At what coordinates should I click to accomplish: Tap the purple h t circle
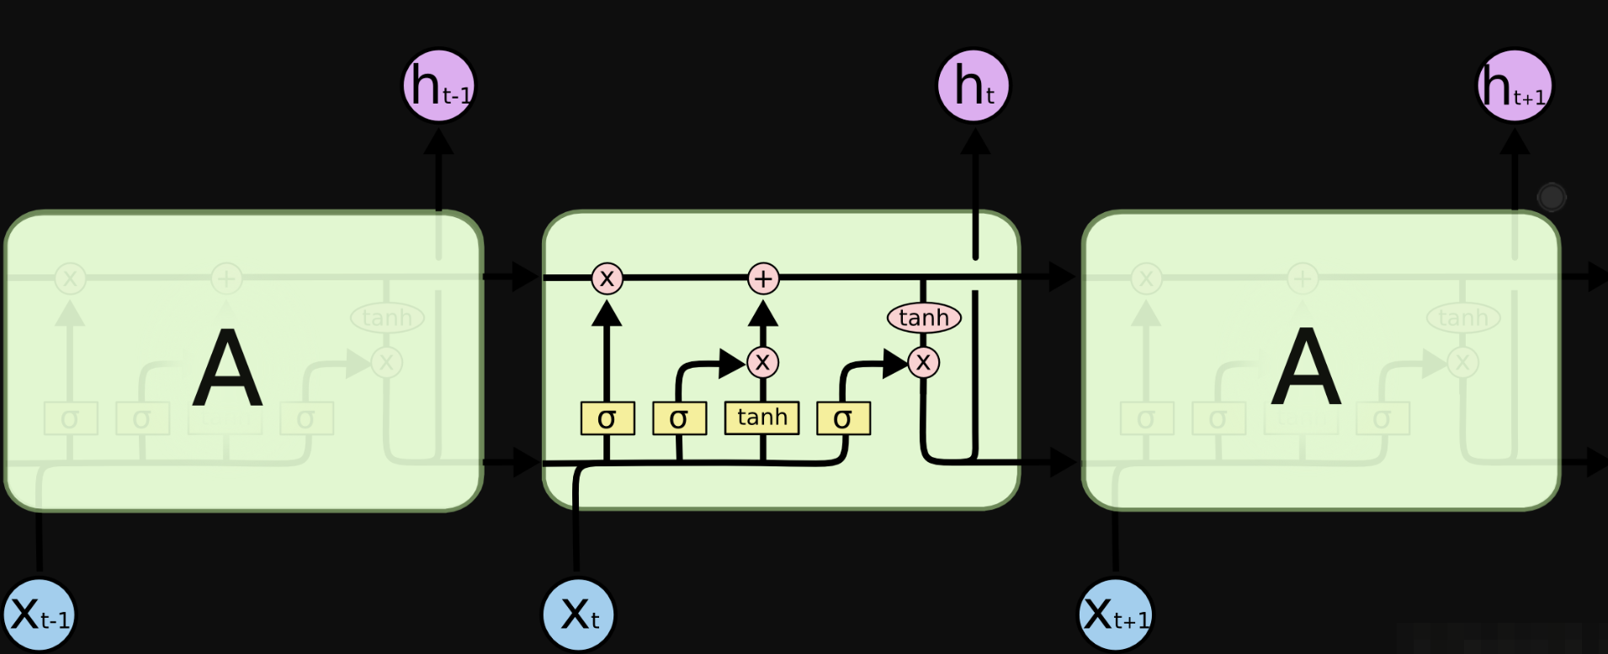point(974,86)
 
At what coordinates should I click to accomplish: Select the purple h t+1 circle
point(1515,86)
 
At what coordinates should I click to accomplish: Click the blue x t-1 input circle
point(40,615)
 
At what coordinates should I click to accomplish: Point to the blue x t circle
point(578,614)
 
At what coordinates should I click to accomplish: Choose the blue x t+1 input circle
point(1116,615)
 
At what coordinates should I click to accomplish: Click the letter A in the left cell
point(227,368)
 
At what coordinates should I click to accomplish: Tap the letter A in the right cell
point(1305,368)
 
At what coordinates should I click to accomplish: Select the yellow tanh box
point(762,418)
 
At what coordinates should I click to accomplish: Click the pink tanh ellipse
point(924,318)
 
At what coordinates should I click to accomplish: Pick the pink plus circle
point(763,279)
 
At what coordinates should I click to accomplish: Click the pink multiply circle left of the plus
point(607,279)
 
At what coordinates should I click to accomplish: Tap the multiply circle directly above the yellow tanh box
point(762,363)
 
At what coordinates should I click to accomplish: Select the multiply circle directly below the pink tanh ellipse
point(924,363)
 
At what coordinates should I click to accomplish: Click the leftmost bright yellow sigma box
point(608,418)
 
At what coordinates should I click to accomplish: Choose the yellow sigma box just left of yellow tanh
point(679,418)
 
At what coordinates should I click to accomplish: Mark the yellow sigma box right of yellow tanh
point(843,418)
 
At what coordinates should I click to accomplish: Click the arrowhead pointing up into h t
point(975,141)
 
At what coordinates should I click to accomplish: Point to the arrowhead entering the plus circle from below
point(763,313)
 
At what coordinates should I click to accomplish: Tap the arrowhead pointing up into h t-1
point(438,141)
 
